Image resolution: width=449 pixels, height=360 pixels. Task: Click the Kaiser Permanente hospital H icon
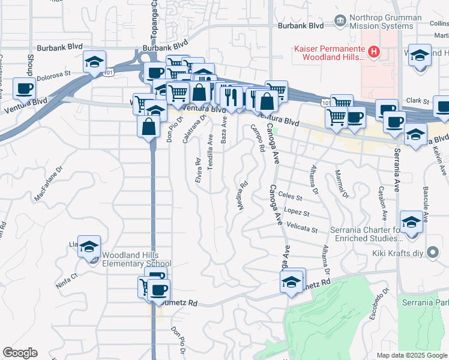(374, 52)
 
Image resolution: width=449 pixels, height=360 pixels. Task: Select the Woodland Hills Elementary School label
(136, 259)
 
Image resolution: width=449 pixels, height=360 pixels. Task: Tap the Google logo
(20, 353)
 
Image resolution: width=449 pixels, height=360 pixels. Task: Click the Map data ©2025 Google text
(412, 355)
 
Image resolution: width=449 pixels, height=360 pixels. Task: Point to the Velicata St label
(302, 229)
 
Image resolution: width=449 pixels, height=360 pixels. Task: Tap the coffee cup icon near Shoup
(25, 89)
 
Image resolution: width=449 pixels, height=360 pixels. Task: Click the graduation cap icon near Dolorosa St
(94, 62)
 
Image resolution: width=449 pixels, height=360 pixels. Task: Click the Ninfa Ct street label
(67, 280)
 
